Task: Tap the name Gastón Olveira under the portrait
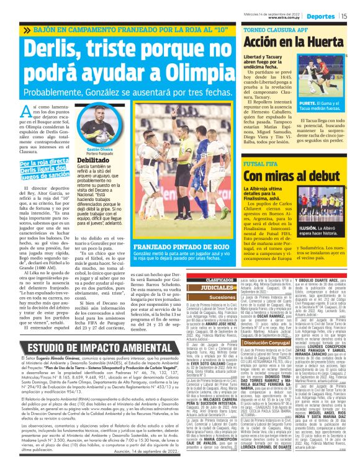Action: [84, 150]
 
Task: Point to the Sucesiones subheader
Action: [205, 298]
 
